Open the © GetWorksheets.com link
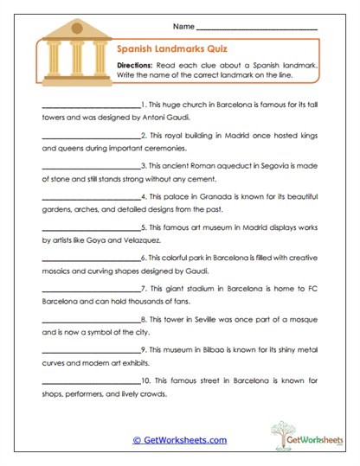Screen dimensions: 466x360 pyautogui.click(x=180, y=440)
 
